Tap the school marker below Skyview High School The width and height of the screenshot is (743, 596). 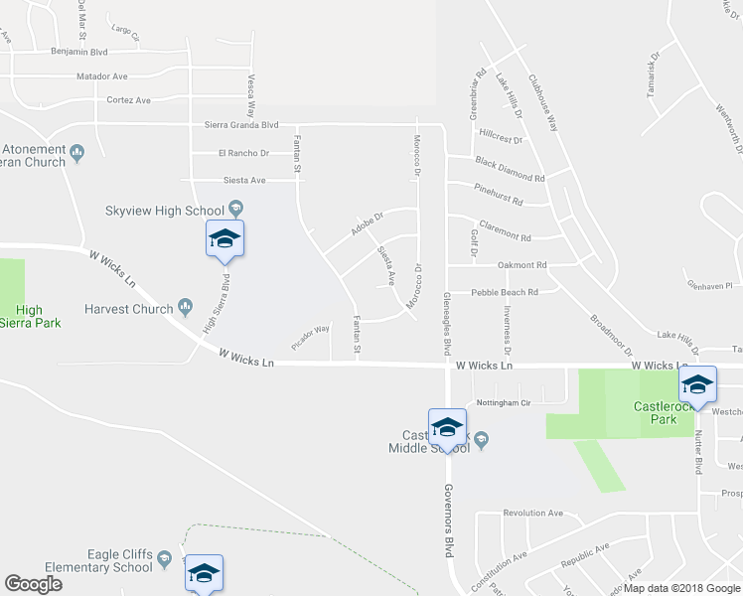tap(224, 239)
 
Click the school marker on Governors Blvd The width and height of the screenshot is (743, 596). tap(447, 428)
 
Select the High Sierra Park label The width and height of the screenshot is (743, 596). tap(38, 317)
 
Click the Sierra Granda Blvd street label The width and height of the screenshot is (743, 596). tap(241, 125)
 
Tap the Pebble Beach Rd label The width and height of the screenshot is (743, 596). tap(504, 292)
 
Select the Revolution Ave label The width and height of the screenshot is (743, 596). tap(532, 514)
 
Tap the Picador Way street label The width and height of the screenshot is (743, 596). tap(310, 337)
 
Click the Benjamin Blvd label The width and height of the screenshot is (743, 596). tap(78, 51)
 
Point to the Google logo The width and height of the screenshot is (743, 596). tap(33, 584)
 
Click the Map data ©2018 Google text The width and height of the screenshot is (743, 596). tap(681, 588)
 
